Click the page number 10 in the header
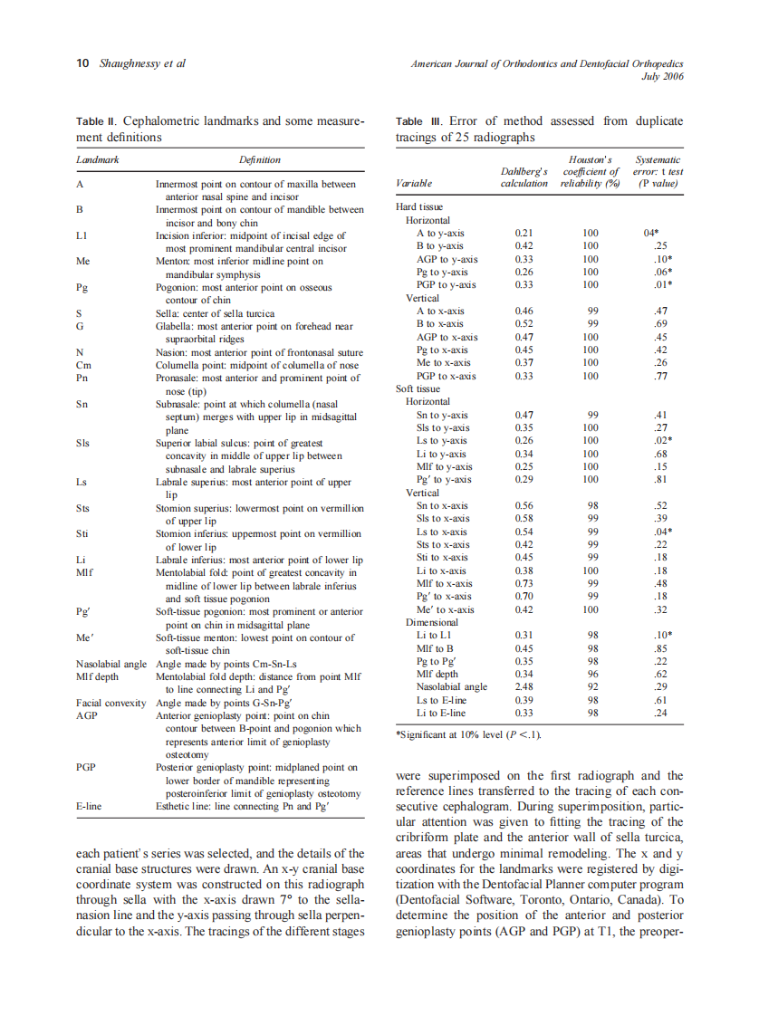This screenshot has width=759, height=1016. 82,63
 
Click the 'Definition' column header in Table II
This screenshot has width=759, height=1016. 259,159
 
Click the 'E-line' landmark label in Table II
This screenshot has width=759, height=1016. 89,804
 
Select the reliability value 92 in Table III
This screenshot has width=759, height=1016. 591,687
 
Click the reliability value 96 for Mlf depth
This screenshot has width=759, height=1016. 591,675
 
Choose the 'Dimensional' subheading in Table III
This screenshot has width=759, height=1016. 432,623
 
